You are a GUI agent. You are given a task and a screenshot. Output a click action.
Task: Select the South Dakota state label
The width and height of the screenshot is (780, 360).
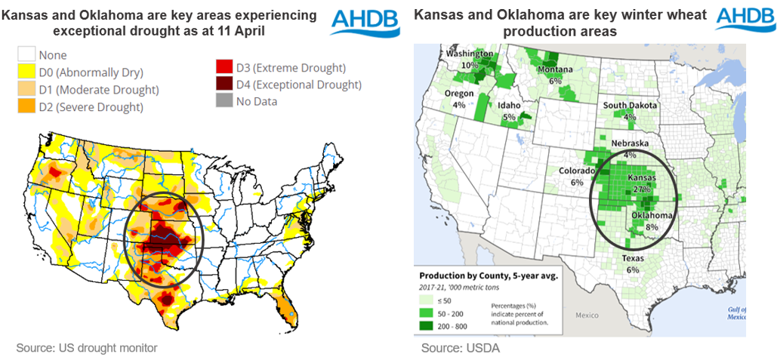point(630,105)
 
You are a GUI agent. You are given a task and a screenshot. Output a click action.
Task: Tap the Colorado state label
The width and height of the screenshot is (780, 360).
point(576,171)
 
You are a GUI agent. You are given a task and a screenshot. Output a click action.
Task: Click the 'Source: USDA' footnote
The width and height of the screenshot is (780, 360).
point(460,348)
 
